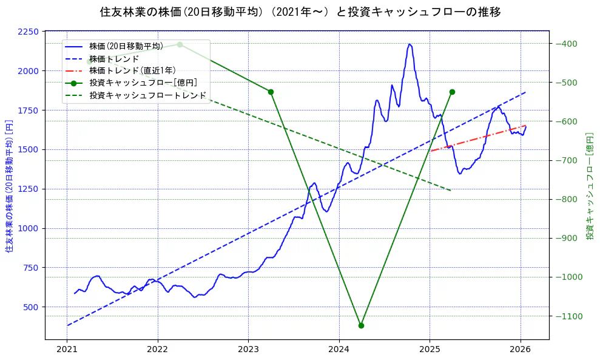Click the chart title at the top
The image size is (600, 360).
(x=300, y=12)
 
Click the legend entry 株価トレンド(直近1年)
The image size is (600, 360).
(x=132, y=70)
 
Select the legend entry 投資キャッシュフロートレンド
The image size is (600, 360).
(x=147, y=95)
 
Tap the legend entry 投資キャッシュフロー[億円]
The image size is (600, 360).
(x=143, y=83)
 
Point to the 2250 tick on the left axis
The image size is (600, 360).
(x=29, y=32)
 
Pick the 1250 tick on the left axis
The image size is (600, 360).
(x=29, y=189)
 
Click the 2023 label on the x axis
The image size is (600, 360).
(x=248, y=350)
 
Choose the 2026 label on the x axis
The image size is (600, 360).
(x=520, y=350)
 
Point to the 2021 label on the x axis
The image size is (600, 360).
(x=67, y=350)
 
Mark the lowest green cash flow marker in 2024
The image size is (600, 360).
(x=361, y=325)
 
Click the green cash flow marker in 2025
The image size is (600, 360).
(x=452, y=92)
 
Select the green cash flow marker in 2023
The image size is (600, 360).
(x=271, y=92)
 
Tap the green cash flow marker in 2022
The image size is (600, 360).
(x=180, y=44)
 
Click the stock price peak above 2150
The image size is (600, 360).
(x=410, y=44)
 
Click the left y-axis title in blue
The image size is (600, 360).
(x=9, y=185)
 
